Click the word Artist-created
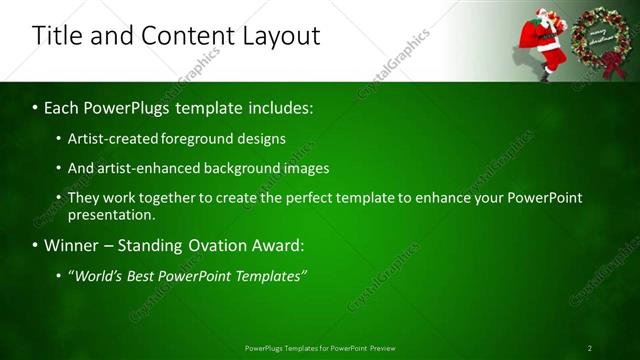pos(107,139)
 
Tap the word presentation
pos(111,214)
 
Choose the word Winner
pos(74,245)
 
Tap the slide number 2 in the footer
pos(589,348)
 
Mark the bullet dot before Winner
pos(36,245)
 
